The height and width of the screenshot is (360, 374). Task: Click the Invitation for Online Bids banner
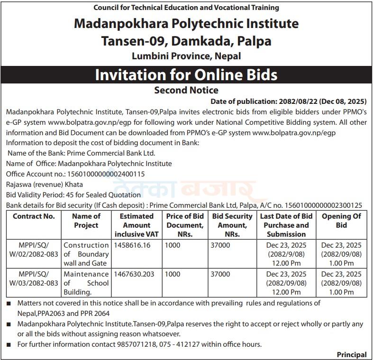tap(186, 74)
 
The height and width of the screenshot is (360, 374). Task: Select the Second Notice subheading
tap(186, 90)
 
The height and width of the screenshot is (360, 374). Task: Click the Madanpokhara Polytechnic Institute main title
tap(186, 23)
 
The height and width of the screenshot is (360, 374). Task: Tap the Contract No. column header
tap(34, 216)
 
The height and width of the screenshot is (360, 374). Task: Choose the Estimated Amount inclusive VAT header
tap(136, 225)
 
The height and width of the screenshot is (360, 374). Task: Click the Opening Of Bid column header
tap(341, 221)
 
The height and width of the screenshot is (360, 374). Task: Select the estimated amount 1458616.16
tap(132, 245)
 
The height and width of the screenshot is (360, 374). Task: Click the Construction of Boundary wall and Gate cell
tap(86, 254)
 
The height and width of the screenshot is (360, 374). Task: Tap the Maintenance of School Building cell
tap(86, 283)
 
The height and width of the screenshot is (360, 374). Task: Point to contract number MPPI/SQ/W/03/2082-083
tap(34, 278)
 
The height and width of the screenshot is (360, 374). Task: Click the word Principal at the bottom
tap(351, 354)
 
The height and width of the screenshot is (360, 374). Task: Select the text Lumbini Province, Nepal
tap(186, 55)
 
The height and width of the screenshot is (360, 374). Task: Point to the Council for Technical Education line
tap(186, 8)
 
